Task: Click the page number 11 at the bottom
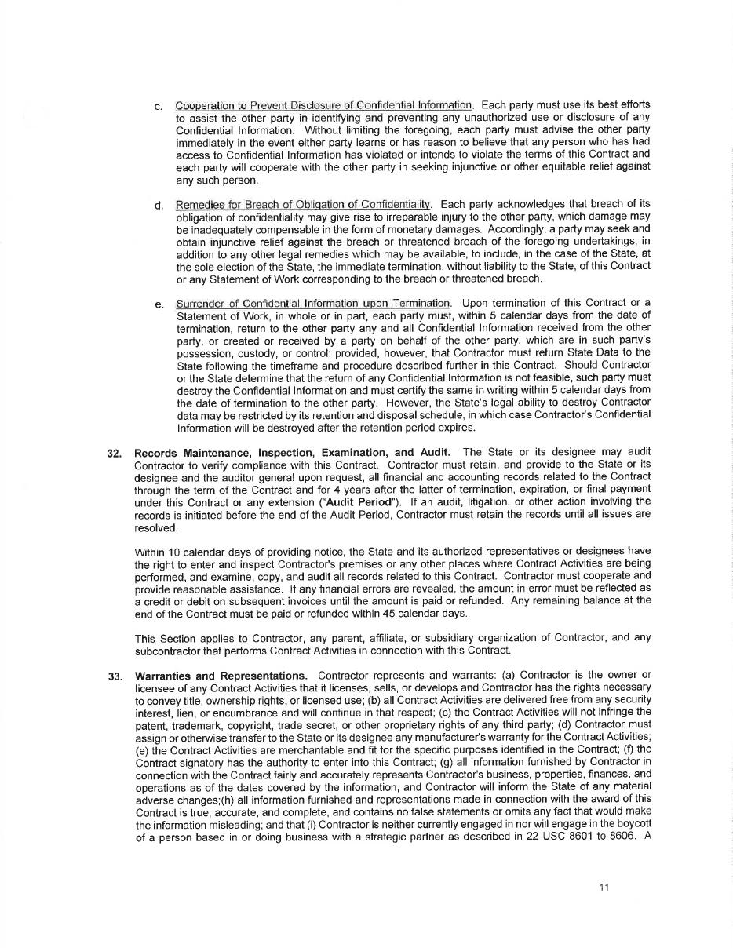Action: tap(604, 888)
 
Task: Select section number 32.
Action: tap(114, 452)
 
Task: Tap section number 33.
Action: tap(114, 676)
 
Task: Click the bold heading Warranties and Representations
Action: tap(221, 676)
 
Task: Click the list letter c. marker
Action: tap(159, 106)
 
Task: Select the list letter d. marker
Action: tap(159, 206)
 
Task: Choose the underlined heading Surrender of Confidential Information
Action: tap(313, 304)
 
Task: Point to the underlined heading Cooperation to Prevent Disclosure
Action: tap(324, 105)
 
